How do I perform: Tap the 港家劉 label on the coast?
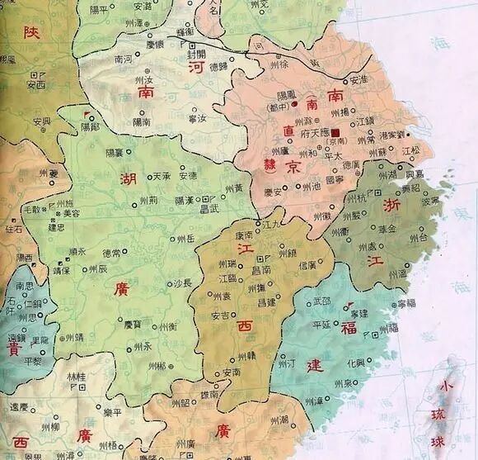391,134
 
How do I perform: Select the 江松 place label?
410,151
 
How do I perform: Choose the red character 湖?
128,179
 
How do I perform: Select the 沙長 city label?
180,282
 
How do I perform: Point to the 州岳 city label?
185,239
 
